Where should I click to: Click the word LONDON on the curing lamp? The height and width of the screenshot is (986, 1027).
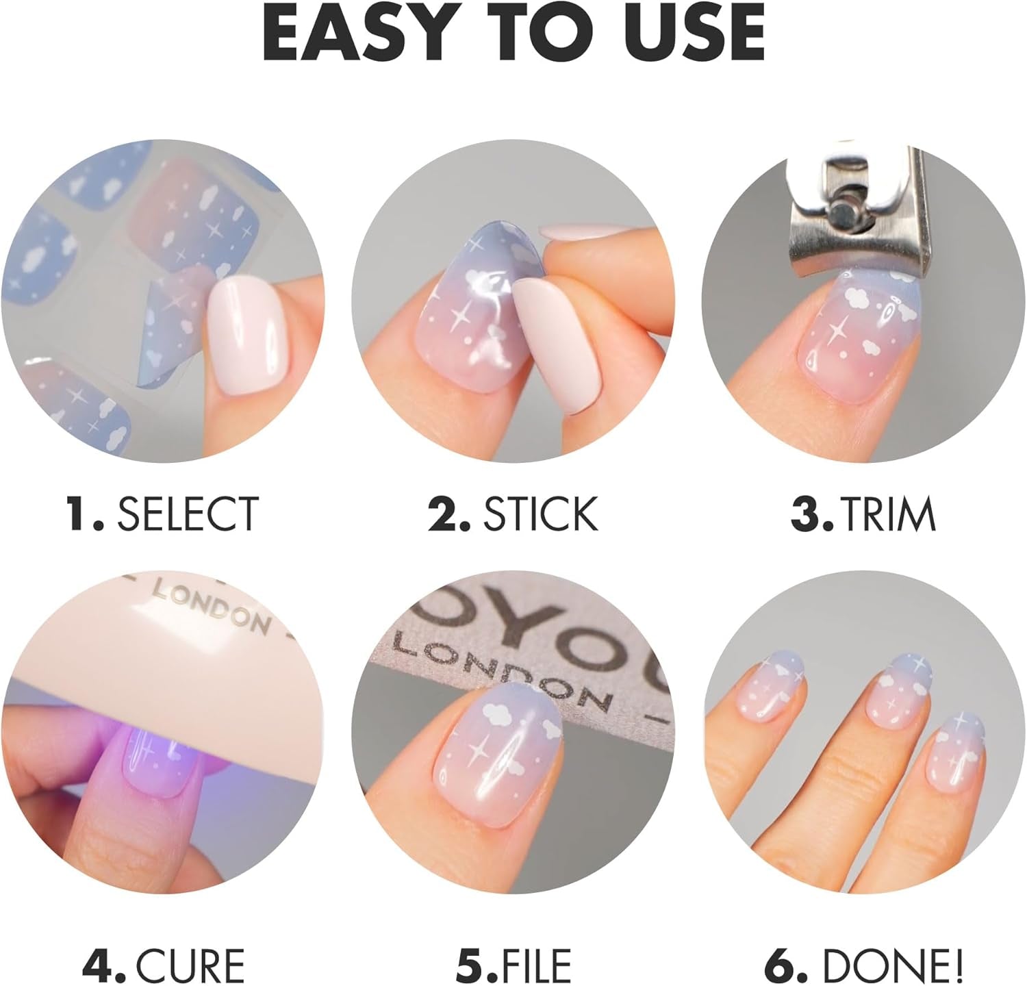(210, 609)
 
